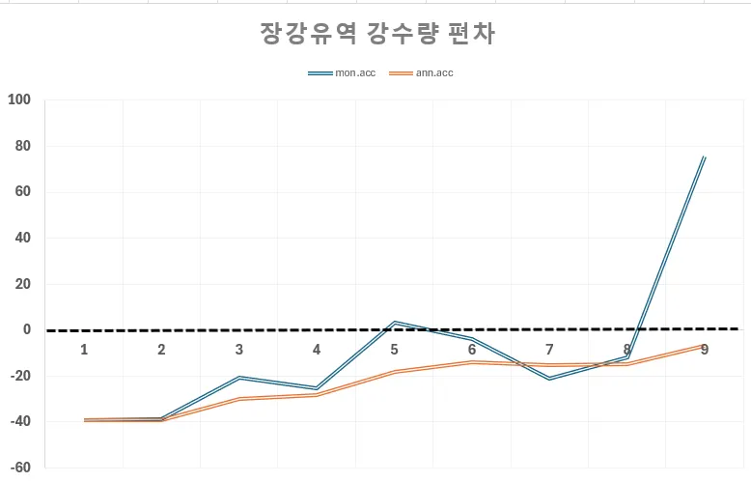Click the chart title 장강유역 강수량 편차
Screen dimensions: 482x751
point(377,34)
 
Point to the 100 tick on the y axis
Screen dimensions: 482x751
point(19,99)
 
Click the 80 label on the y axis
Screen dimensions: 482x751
point(22,146)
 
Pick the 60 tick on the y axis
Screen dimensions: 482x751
point(22,191)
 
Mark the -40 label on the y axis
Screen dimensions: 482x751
point(19,421)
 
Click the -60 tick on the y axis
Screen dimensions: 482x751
point(19,468)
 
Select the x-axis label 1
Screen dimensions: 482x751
point(84,349)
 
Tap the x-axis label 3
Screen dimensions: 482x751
point(239,349)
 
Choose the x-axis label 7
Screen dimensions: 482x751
point(549,349)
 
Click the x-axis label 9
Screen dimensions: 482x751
point(705,349)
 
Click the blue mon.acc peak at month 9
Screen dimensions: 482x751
point(705,156)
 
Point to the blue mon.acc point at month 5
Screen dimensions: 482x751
point(394,322)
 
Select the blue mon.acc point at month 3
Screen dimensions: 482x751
point(239,378)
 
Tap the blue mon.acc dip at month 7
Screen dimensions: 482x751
point(549,379)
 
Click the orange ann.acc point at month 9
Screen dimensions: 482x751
point(705,345)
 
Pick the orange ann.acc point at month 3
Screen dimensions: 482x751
point(239,398)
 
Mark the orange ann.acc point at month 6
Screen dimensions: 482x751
point(472,362)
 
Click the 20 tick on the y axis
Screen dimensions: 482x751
point(22,284)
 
